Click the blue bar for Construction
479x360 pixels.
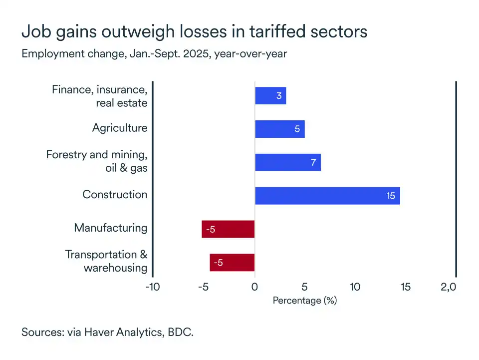click(327, 196)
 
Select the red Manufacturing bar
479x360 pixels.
click(228, 229)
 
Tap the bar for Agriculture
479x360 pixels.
click(279, 129)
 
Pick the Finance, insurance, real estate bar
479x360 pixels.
click(270, 95)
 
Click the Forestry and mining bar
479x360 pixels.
click(287, 162)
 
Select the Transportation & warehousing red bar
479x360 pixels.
click(232, 263)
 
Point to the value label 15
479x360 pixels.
click(390, 196)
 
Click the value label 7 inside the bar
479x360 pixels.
click(313, 162)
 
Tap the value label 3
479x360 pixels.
click(279, 95)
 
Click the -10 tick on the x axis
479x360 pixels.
click(152, 287)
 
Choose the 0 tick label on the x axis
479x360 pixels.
click(254, 287)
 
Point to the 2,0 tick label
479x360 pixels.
click(448, 287)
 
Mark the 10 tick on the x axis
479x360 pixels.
click(355, 287)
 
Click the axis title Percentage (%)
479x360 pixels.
click(305, 301)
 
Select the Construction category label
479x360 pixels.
click(115, 195)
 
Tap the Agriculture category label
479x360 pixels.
click(120, 128)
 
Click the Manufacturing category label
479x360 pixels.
click(111, 228)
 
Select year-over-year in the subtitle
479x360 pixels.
click(250, 53)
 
